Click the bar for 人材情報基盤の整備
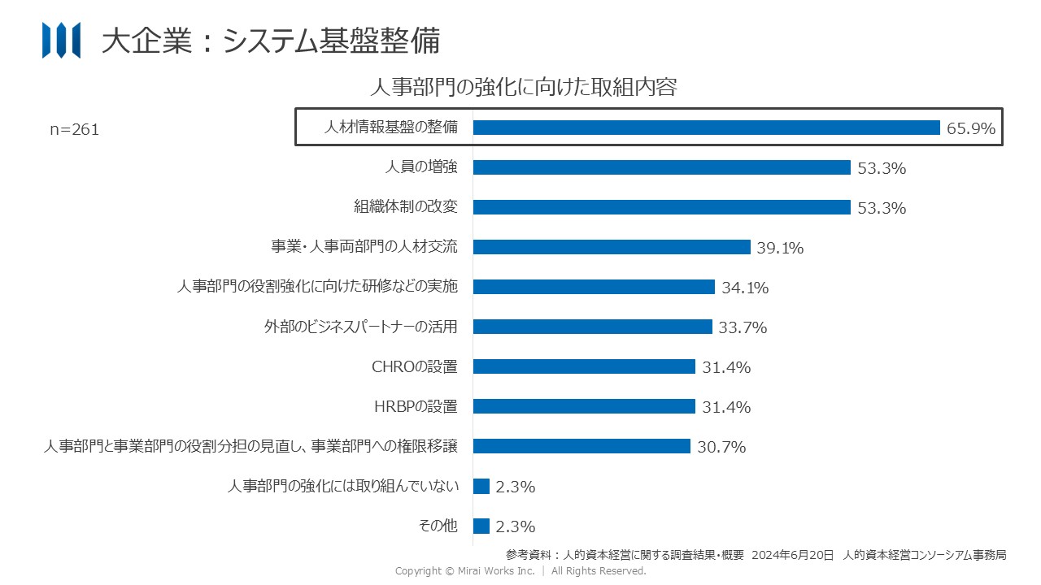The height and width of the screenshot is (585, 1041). point(706,128)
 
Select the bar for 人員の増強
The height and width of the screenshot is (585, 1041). point(661,167)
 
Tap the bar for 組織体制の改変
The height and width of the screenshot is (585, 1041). point(661,207)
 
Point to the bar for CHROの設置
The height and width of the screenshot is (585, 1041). point(584,366)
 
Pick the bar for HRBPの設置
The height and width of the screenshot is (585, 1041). point(584,406)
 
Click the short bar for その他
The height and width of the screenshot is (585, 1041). point(481,526)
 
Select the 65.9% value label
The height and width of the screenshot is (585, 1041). point(971,128)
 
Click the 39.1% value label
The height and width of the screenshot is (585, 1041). point(780,248)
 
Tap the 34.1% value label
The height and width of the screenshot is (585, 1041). point(745,288)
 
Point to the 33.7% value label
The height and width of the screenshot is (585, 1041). point(743,327)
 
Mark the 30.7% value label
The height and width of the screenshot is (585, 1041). point(721,447)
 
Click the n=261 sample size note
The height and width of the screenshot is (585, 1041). point(74,129)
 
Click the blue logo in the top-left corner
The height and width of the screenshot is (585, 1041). point(61,40)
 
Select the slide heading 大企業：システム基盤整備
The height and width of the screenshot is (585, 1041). point(271,41)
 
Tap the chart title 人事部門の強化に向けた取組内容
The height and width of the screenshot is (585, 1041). point(523,87)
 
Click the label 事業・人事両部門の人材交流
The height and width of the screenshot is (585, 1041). point(364,247)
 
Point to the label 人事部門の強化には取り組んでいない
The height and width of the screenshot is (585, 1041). point(343,486)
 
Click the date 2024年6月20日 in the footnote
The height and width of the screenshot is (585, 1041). point(793,555)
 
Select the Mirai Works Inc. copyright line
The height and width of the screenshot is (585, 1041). point(520,571)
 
